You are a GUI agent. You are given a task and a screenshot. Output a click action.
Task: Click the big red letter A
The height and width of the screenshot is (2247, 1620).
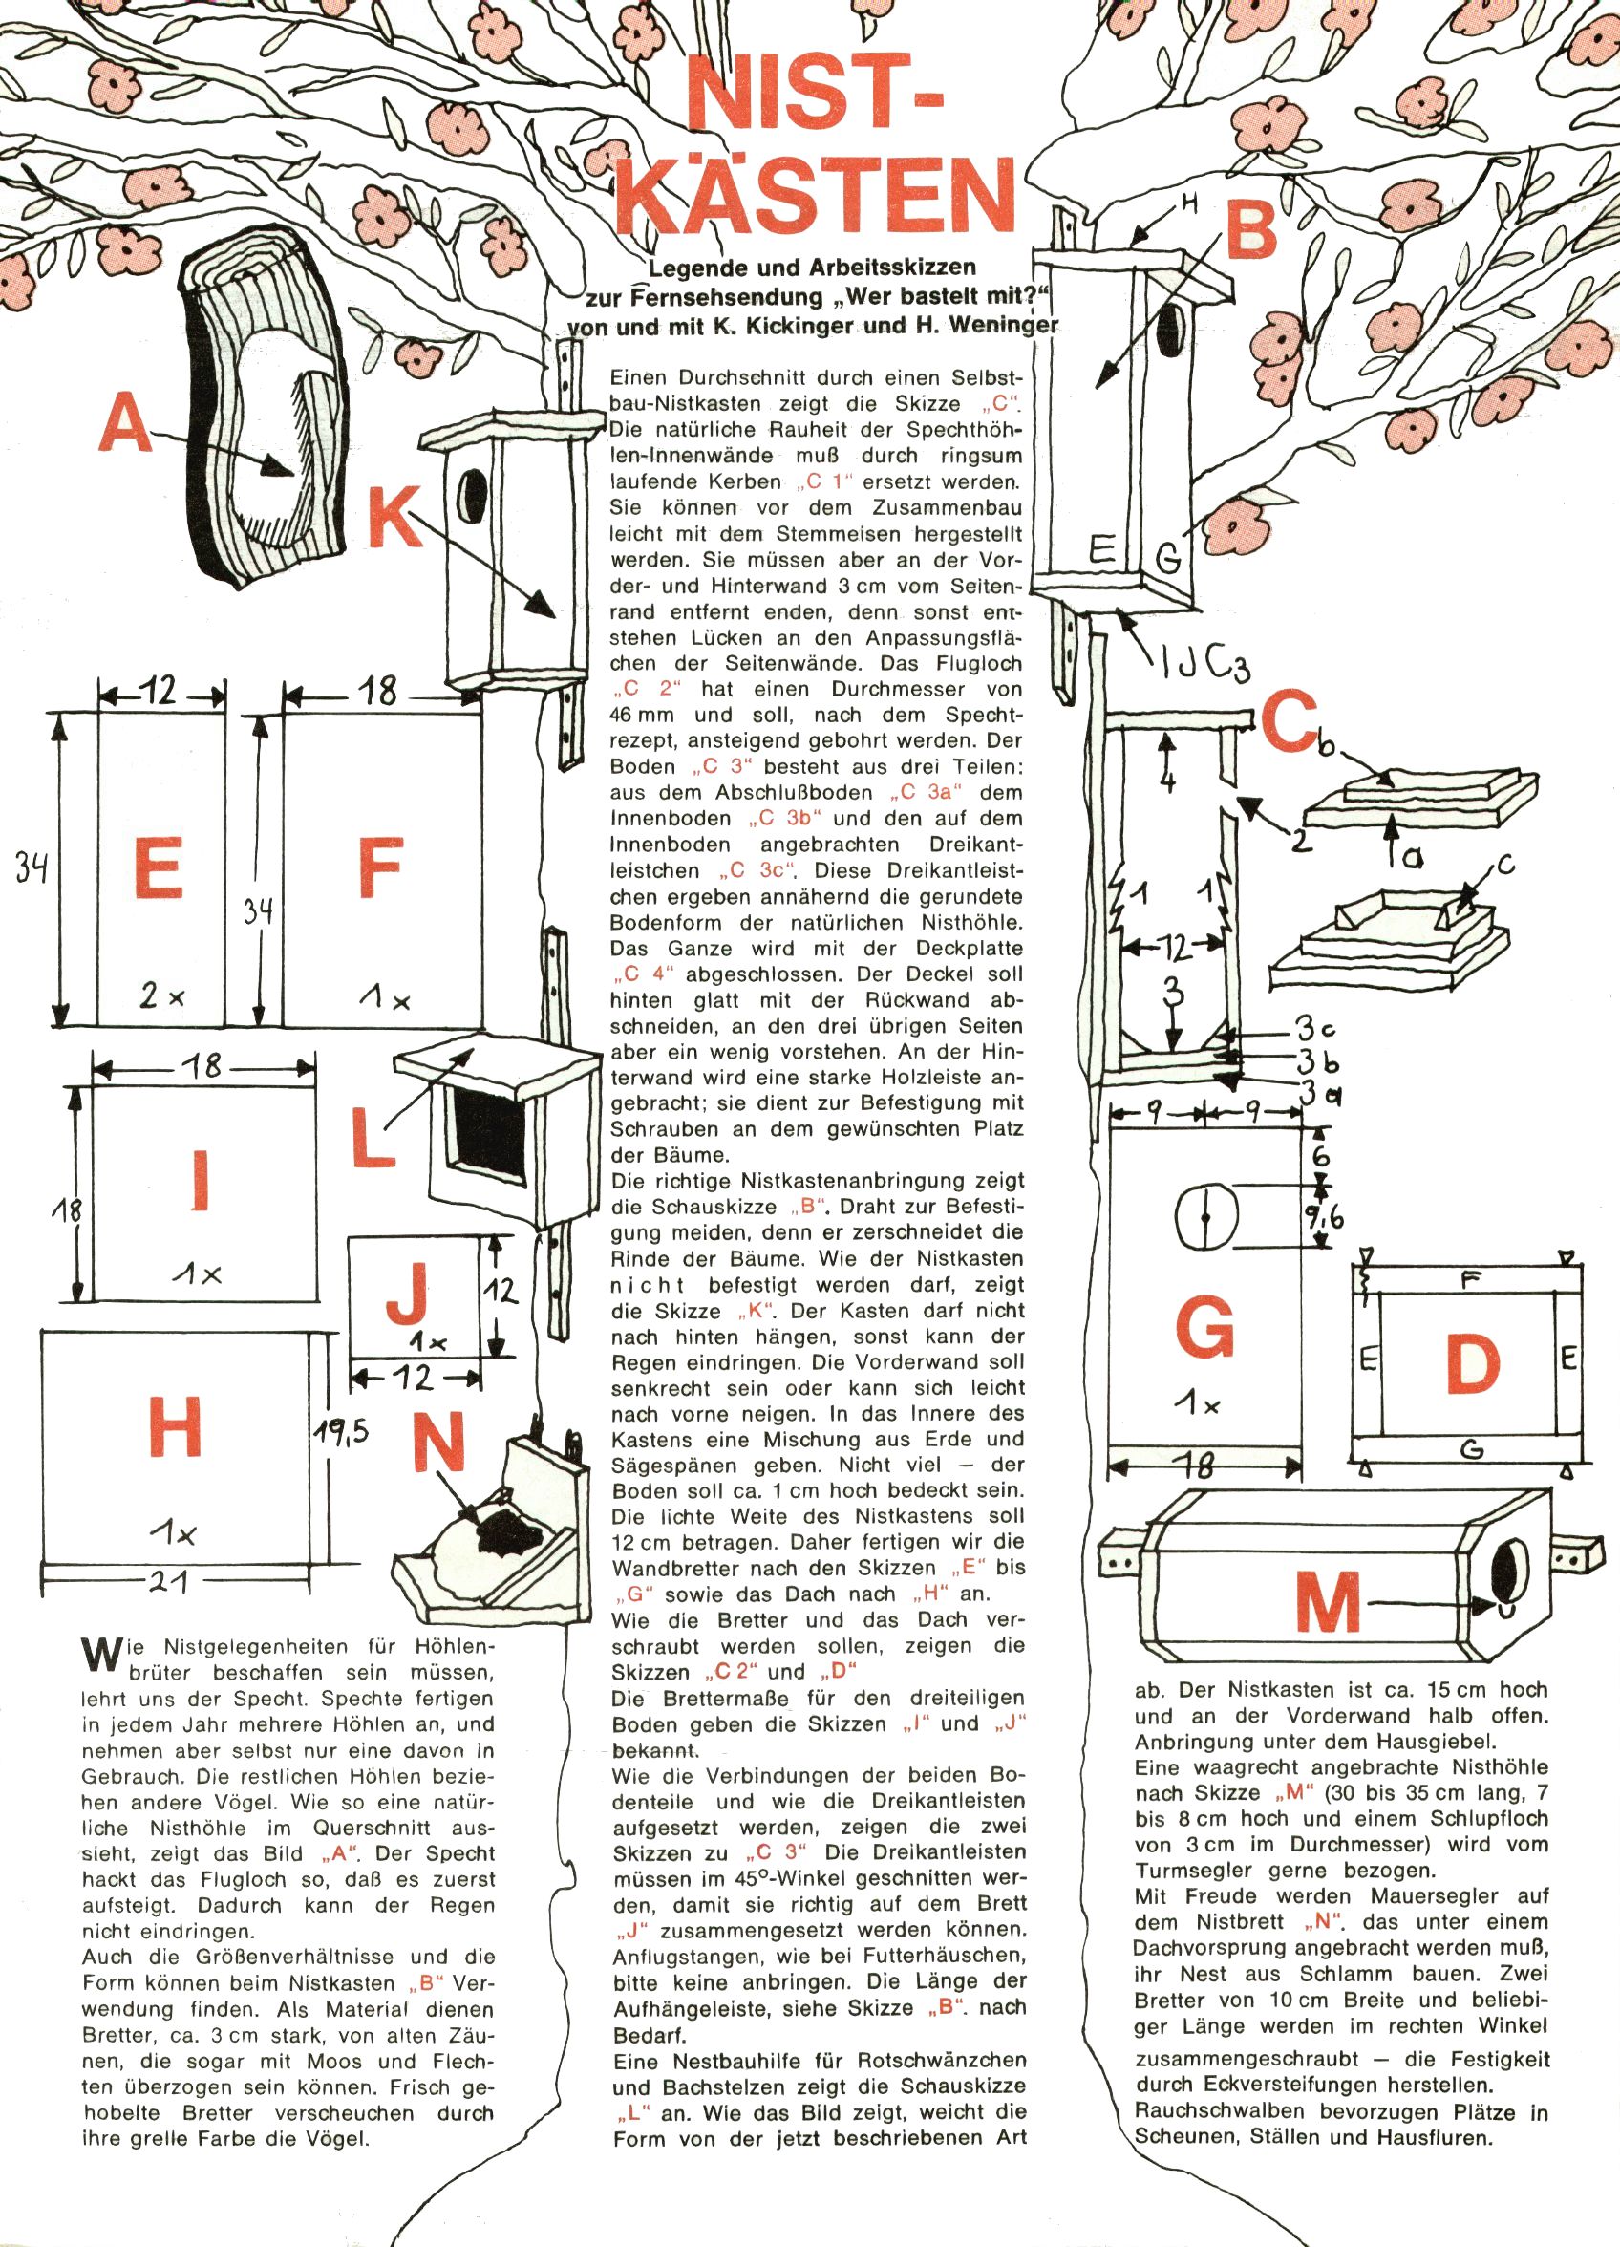point(126,422)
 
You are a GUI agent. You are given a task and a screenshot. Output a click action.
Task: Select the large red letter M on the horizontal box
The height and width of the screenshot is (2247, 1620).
point(1329,1603)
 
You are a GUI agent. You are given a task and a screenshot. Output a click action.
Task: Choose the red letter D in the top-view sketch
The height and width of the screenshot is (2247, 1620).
point(1471,1364)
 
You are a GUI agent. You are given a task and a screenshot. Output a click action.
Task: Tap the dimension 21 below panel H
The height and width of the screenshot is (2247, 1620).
point(175,1582)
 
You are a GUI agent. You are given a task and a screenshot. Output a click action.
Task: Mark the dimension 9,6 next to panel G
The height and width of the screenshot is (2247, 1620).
point(1324,1215)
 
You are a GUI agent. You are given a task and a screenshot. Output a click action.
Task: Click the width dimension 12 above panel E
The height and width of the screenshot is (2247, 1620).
point(160,689)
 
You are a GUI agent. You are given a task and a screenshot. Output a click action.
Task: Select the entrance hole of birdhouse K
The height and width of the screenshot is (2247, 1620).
point(475,492)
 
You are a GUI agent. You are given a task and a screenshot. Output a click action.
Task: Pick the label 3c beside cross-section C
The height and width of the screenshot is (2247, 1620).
point(1318,1028)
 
